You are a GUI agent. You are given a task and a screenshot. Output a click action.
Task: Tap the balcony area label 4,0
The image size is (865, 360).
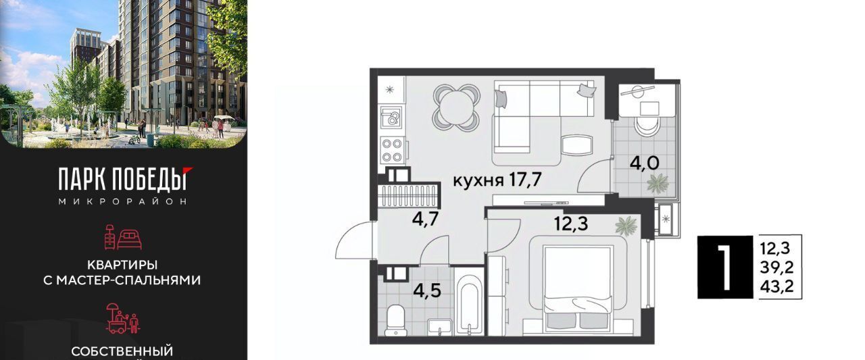click(644, 163)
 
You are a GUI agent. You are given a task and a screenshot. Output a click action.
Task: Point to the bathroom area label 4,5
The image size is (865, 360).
click(426, 290)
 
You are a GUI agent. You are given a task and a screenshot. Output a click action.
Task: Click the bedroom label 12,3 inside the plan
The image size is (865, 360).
click(571, 223)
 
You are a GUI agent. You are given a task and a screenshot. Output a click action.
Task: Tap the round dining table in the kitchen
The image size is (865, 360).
click(456, 107)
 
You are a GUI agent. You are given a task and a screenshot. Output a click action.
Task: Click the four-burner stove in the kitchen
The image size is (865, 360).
click(392, 150)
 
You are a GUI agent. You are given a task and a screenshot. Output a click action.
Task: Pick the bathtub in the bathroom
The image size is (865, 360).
click(469, 305)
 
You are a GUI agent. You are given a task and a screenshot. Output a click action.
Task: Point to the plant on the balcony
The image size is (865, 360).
click(658, 184)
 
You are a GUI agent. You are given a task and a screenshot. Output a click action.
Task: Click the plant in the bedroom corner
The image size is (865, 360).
click(626, 226)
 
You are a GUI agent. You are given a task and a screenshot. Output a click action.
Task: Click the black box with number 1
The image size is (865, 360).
click(725, 267)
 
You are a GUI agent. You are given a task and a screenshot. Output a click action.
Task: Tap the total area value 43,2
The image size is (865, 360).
click(776, 286)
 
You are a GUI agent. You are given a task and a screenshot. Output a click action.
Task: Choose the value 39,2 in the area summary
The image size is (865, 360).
click(776, 267)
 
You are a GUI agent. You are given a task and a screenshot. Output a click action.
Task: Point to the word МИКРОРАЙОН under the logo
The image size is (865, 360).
click(123, 201)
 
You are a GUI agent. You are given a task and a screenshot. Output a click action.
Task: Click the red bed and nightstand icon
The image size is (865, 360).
click(123, 236)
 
